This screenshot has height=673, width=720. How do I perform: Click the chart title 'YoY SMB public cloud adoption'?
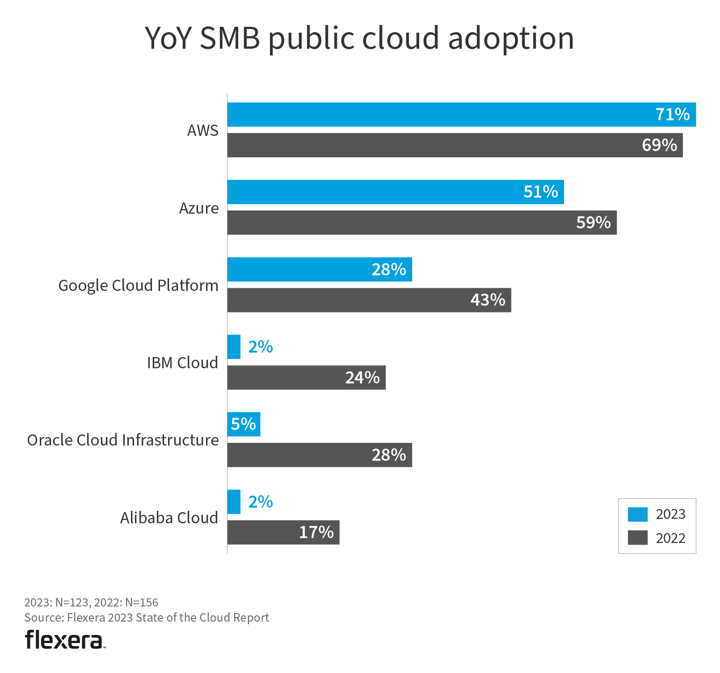[359, 38]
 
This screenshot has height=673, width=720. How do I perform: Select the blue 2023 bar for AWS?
[438, 114]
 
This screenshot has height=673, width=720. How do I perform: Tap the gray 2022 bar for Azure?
[402, 223]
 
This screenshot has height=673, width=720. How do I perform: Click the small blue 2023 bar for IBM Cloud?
[234, 347]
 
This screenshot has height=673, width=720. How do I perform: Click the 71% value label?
[672, 114]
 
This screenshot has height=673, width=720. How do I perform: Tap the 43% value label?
[488, 300]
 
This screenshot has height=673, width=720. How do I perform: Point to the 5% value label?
[244, 424]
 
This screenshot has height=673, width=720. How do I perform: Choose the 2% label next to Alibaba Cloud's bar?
[261, 502]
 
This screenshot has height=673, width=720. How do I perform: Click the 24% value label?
[362, 378]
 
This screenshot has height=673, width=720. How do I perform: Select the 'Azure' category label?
[199, 208]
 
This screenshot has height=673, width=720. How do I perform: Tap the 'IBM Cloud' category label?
[182, 363]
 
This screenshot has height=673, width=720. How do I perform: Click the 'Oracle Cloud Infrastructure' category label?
[123, 440]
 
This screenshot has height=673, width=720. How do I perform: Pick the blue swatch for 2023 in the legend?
[637, 514]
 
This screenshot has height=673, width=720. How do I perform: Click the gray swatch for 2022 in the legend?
[637, 538]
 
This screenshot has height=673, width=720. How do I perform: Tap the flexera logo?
[65, 639]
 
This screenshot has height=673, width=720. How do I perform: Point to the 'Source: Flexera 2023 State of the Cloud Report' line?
[147, 618]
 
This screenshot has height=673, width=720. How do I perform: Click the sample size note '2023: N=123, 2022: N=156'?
[91, 602]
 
